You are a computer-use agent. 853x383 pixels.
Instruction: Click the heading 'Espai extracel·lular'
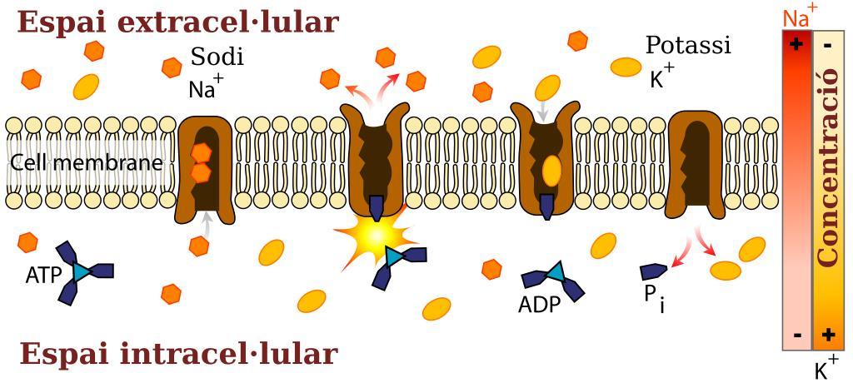tap(178, 22)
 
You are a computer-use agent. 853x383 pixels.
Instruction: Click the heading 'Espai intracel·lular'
tap(178, 354)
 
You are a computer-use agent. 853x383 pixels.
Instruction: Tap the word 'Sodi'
tap(217, 57)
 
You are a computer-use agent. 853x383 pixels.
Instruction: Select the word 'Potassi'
tap(687, 46)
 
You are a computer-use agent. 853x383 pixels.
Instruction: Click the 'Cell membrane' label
tap(87, 162)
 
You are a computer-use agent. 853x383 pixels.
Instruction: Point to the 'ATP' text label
tap(43, 276)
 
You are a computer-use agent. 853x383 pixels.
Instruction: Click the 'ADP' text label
tap(539, 306)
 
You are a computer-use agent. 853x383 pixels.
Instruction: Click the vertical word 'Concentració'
tap(827, 167)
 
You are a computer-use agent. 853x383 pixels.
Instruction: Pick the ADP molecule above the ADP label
tap(553, 280)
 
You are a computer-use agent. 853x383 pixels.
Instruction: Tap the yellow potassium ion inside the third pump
tap(551, 172)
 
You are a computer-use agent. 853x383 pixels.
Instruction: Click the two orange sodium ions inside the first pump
tap(202, 162)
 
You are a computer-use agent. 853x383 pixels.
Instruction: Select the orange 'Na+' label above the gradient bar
tap(799, 17)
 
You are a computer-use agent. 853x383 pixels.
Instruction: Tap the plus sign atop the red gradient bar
tap(796, 44)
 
